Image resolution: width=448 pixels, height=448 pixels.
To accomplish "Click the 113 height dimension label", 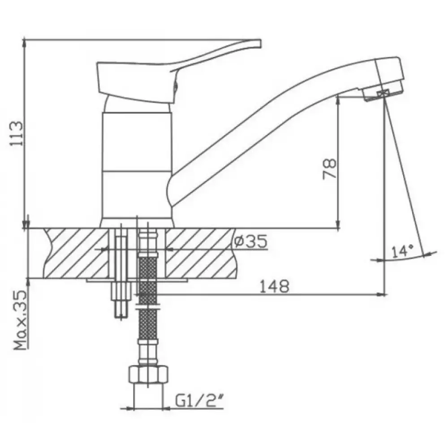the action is (x=16, y=134).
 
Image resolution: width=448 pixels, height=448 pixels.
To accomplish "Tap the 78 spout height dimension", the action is (x=329, y=169).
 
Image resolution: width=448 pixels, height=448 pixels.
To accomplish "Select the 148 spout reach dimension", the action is (x=274, y=286).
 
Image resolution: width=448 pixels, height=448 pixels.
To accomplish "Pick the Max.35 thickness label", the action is (x=21, y=321).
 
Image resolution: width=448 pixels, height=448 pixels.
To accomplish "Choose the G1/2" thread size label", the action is (x=199, y=401).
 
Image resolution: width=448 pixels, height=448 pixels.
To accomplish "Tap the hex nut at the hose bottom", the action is (x=148, y=374).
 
